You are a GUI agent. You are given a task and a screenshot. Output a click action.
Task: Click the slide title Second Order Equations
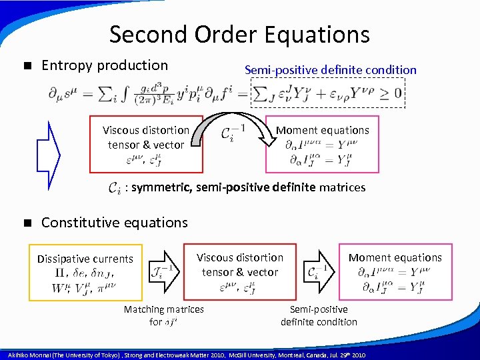tap(239, 34)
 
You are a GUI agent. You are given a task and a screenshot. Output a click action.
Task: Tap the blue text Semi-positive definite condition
tap(330, 70)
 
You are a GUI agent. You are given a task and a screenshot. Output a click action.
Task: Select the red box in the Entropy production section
tap(145, 143)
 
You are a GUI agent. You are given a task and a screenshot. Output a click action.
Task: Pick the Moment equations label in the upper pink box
tap(322, 130)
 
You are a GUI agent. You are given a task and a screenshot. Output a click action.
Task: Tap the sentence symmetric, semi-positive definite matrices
tap(248, 187)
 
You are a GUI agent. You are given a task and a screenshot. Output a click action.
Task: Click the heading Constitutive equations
tap(115, 223)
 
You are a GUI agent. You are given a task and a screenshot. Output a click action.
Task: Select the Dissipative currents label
tap(85, 259)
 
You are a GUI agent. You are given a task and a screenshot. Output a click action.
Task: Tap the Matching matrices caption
tap(164, 309)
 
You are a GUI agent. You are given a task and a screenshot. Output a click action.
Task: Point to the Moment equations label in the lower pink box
tap(395, 257)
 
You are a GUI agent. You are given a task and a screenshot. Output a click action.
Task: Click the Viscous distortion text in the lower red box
tap(240, 257)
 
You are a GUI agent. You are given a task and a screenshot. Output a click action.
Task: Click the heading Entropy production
tap(105, 65)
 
